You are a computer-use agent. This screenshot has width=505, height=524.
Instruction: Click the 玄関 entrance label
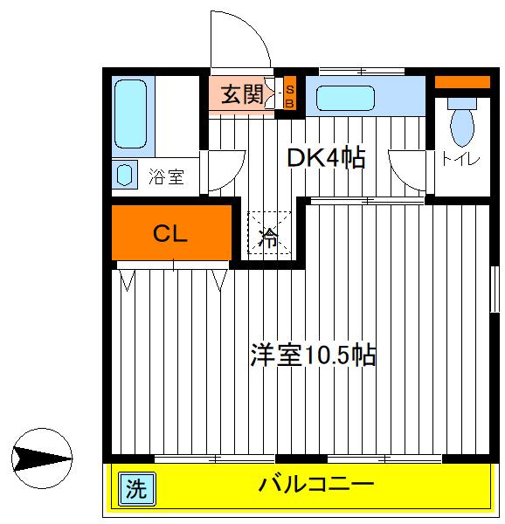[x=241, y=94]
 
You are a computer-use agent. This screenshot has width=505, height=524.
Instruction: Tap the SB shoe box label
[x=291, y=94]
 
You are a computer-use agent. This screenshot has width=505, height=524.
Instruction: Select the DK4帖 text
[x=326, y=158]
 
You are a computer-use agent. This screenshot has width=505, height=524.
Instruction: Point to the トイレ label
[x=460, y=159]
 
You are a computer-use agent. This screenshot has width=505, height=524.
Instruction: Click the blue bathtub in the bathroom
[x=132, y=114]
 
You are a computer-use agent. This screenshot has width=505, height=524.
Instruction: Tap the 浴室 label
[x=166, y=177]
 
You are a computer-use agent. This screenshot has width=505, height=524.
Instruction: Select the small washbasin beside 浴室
[x=125, y=174]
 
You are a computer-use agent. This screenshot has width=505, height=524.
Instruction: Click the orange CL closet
[x=172, y=233]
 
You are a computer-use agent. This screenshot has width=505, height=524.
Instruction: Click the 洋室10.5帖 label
[x=314, y=355]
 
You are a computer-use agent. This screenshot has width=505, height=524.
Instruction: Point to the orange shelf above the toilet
[x=462, y=83]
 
